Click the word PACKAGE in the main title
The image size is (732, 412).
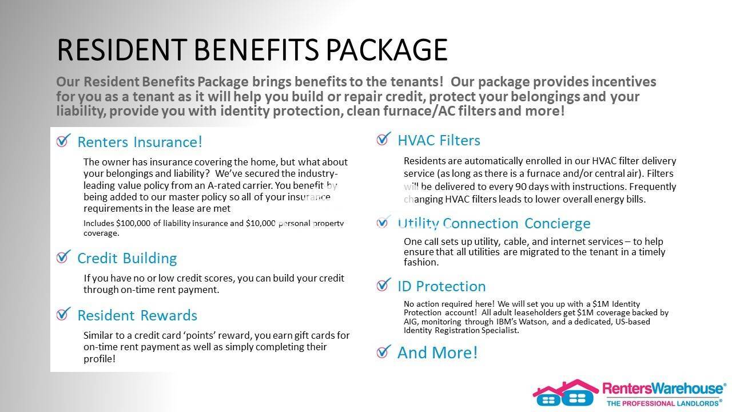click(387, 50)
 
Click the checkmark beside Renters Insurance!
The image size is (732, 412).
click(63, 140)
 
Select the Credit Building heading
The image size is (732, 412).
click(127, 258)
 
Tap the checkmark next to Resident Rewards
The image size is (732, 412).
click(63, 314)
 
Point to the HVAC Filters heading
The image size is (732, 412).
click(439, 140)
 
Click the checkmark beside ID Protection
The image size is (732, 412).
click(384, 284)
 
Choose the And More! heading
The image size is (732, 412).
click(437, 352)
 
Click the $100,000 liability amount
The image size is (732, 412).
click(133, 223)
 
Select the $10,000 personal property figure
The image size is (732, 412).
click(260, 223)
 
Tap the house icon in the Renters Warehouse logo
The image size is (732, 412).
click(566, 393)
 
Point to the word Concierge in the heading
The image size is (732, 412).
click(558, 224)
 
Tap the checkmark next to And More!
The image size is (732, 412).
click(384, 352)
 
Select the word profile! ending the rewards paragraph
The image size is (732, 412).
click(100, 359)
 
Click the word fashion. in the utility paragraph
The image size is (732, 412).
click(421, 262)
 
